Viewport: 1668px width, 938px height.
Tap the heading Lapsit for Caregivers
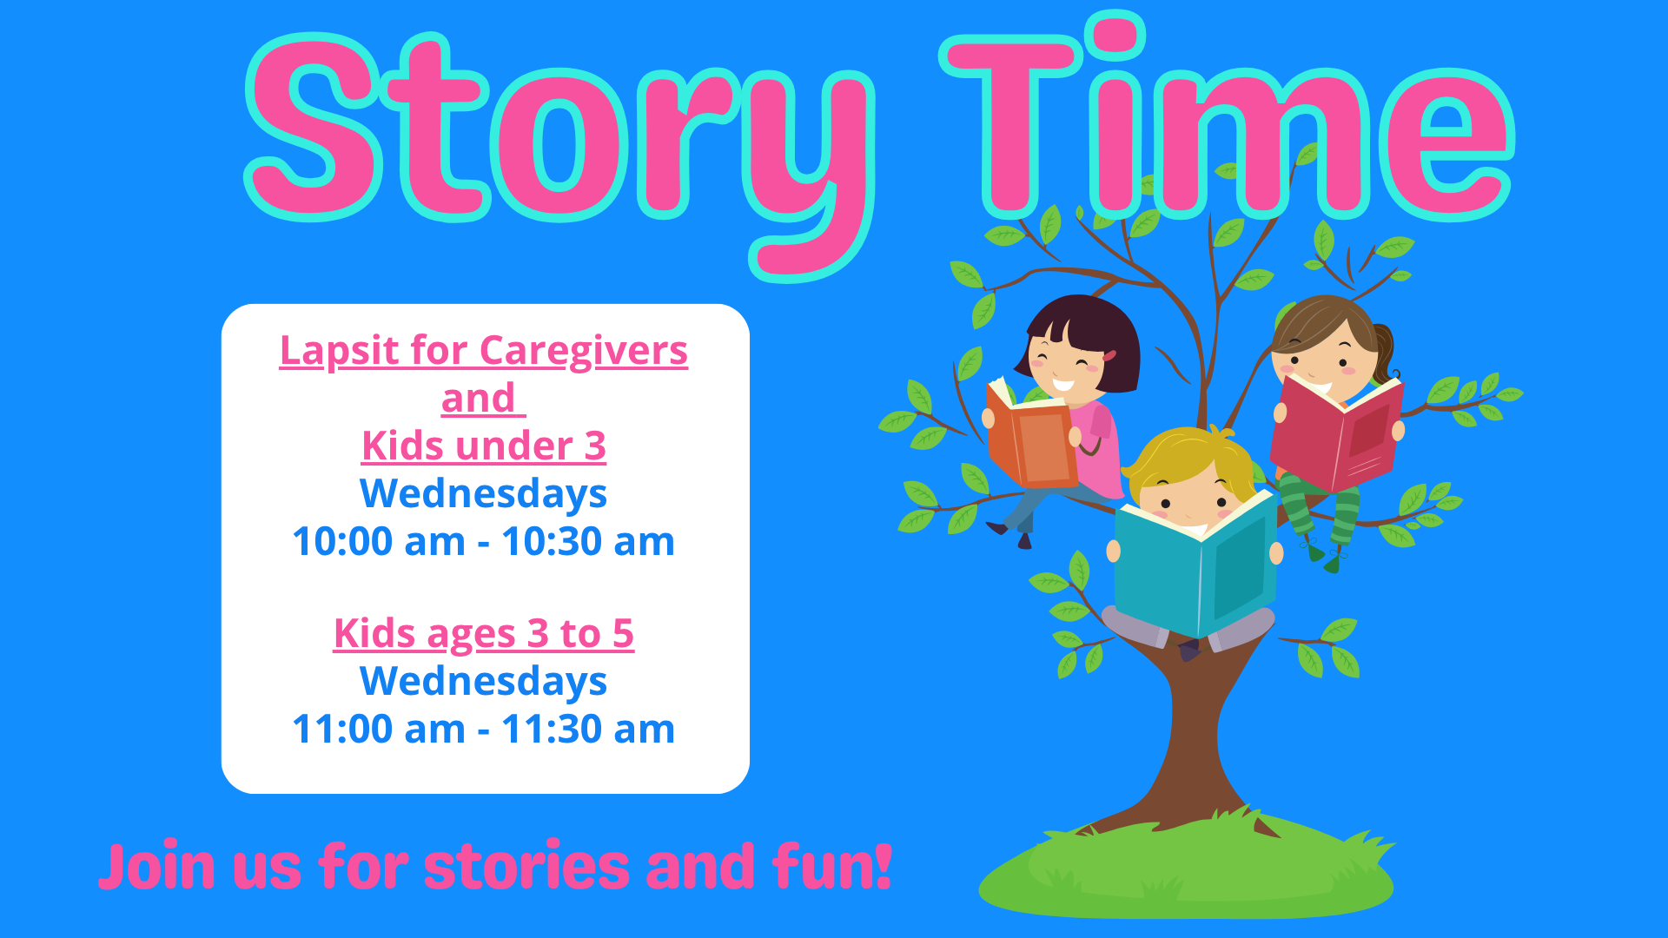coord(484,351)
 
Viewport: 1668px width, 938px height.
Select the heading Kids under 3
coord(484,446)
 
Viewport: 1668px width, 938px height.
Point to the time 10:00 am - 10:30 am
coord(484,542)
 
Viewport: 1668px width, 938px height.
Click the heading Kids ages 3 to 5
coord(484,634)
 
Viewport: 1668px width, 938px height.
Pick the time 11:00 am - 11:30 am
coord(484,730)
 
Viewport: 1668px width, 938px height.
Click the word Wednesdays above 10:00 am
coord(484,494)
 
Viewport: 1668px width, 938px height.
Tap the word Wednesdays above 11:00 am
coord(484,682)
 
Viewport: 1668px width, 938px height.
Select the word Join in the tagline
coord(156,866)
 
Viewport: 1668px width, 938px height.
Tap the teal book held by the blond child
coord(1195,565)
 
